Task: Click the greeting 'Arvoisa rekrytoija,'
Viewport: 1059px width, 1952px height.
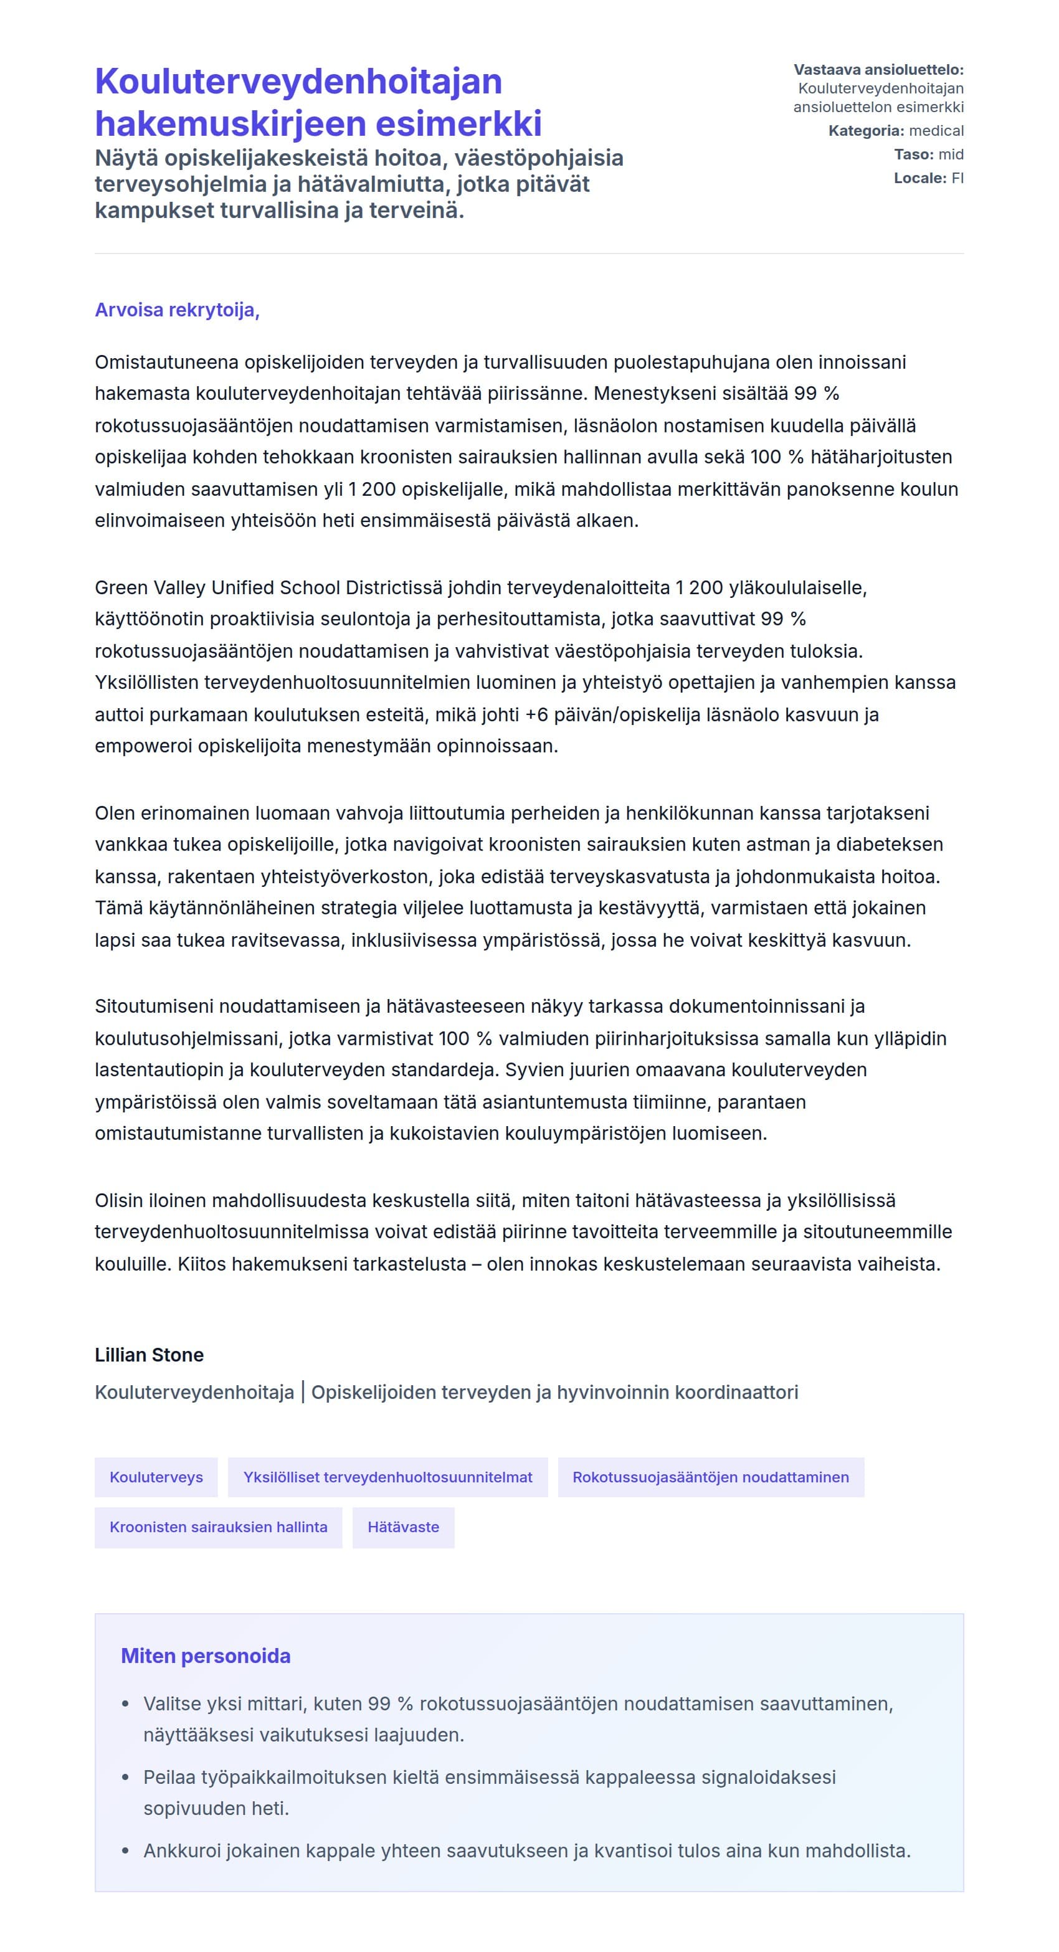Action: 177,310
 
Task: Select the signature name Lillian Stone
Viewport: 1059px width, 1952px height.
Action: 149,1355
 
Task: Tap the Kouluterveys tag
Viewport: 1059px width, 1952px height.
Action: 156,1477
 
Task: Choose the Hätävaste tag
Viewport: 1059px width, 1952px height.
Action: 403,1527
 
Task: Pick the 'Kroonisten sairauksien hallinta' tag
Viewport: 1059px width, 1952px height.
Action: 218,1527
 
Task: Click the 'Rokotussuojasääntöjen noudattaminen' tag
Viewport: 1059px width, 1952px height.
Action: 710,1477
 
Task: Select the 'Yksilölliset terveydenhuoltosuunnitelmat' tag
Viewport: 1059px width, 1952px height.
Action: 387,1477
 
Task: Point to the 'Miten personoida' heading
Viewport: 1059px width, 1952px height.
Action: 206,1656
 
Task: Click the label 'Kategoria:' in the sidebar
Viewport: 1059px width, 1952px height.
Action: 866,130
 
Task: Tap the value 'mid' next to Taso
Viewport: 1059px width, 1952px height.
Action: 951,154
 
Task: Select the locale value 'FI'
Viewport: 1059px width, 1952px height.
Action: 957,178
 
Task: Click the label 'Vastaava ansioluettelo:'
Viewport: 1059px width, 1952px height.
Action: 878,70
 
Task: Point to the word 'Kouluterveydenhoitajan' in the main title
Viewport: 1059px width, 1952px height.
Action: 298,81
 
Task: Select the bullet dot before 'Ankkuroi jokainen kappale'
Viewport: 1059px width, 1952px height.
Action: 126,1851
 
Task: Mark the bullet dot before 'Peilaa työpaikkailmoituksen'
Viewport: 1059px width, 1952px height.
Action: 126,1777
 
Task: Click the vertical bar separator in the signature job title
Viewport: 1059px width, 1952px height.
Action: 303,1392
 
